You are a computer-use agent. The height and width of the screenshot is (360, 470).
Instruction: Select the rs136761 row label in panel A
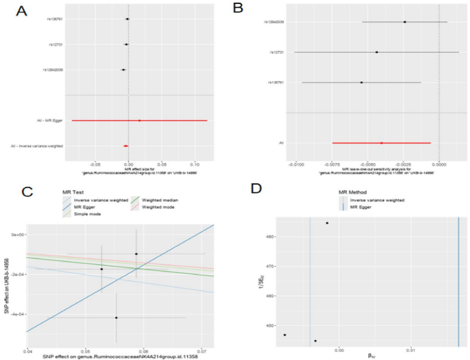[x=55, y=19]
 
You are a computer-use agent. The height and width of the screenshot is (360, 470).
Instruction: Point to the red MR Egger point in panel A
[x=140, y=121]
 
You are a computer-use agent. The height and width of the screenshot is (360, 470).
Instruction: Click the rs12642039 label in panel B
[x=274, y=22]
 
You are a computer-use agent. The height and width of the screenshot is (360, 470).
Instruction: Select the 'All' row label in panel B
[x=281, y=142]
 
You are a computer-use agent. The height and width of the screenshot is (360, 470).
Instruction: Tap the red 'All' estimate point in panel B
[x=381, y=142]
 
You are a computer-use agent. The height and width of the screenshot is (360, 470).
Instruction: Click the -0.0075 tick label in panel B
[x=332, y=164]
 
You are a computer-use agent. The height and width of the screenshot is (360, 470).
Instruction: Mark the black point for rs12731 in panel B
[x=377, y=52]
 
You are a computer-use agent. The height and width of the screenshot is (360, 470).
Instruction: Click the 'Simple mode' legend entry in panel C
[x=88, y=213]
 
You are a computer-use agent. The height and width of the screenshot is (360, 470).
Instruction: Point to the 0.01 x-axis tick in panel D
[x=411, y=350]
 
